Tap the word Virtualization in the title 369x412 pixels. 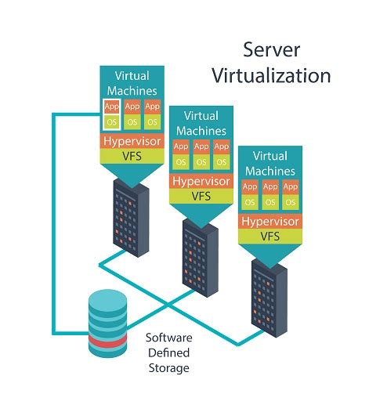pos(288,76)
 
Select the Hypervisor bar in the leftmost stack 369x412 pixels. pos(132,142)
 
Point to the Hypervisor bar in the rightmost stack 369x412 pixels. pos(270,221)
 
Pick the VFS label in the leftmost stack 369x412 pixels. pos(132,156)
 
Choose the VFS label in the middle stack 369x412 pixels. pos(201,195)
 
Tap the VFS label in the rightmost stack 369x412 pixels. pos(270,235)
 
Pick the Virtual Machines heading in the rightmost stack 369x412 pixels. pos(270,162)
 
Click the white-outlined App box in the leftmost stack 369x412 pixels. pos(111,106)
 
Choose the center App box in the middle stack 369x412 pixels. pos(201,146)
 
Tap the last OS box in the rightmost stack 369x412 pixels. pos(291,202)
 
